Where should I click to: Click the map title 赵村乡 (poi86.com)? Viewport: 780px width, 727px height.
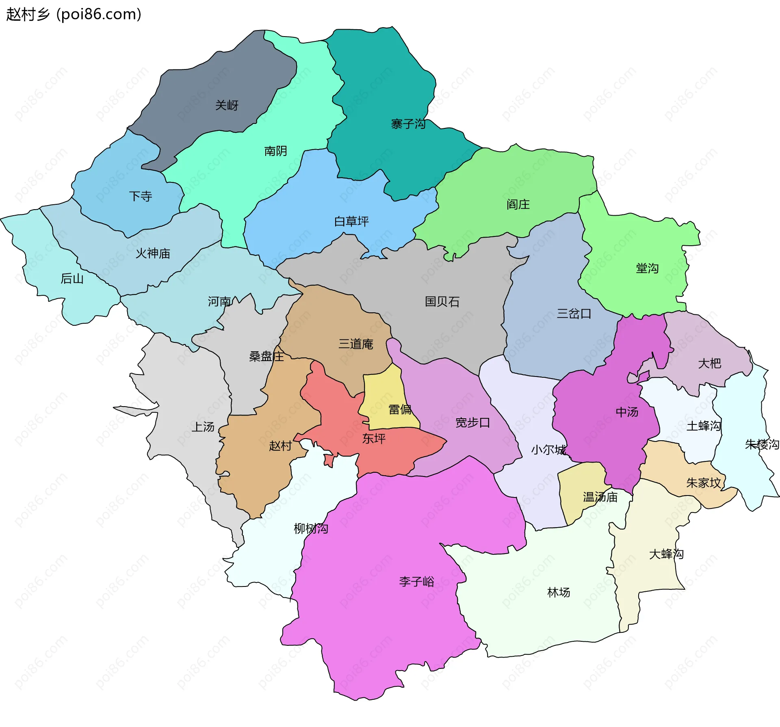coord(74,14)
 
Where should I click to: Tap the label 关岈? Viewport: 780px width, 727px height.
coord(227,106)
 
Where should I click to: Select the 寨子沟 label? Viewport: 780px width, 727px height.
coord(408,124)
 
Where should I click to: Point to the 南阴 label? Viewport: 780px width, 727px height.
coord(275,151)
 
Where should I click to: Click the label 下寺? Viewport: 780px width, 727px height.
coord(141,197)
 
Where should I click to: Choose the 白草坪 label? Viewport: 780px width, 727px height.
coord(351,221)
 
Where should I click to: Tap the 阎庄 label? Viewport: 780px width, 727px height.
coord(518,204)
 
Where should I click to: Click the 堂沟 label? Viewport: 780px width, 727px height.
coord(647,268)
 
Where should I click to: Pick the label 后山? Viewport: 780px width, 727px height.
coord(72,279)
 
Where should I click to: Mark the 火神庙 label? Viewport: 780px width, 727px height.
coord(153,253)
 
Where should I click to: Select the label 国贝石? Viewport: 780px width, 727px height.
coord(442,302)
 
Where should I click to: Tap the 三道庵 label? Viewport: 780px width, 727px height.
coord(356,344)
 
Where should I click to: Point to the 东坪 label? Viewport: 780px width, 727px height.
coord(374,439)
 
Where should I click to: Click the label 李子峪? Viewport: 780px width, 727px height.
coord(416,582)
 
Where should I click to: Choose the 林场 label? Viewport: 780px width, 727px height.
coord(559,593)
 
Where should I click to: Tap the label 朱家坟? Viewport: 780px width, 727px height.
coord(703,483)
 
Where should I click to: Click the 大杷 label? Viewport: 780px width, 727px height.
coord(709,363)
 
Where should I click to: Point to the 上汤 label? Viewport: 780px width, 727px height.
coord(203,427)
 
